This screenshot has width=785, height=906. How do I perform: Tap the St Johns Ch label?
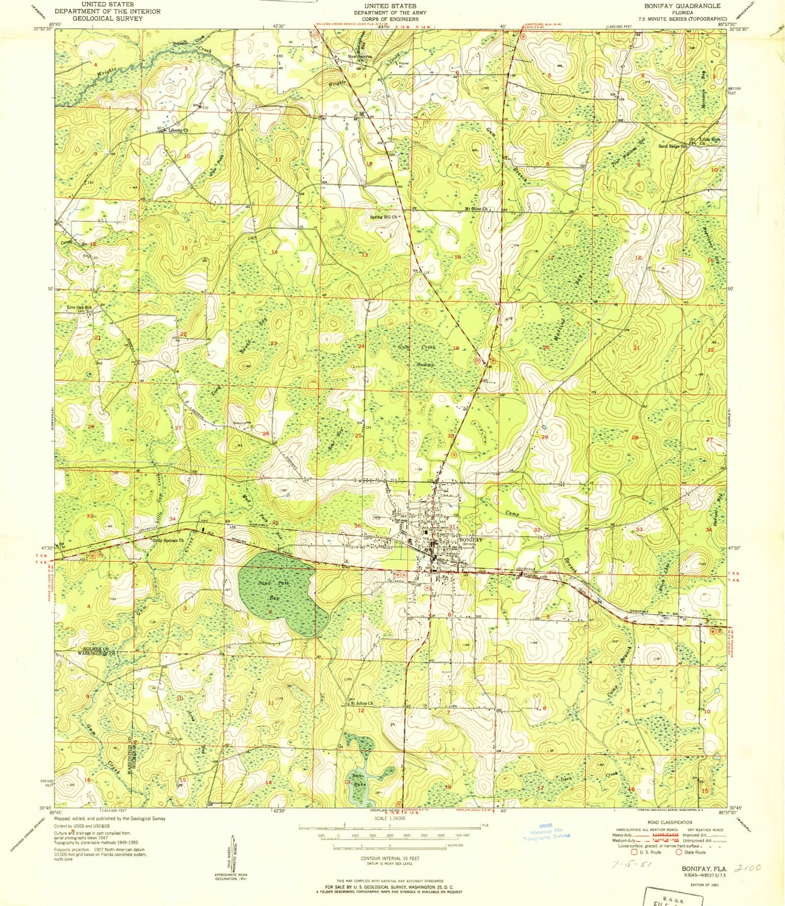pyautogui.click(x=361, y=704)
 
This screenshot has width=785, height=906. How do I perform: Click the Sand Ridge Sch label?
pyautogui.click(x=672, y=146)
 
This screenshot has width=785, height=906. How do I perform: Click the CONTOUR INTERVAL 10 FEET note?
pyautogui.click(x=390, y=859)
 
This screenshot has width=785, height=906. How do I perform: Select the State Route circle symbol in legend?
pyautogui.click(x=679, y=853)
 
